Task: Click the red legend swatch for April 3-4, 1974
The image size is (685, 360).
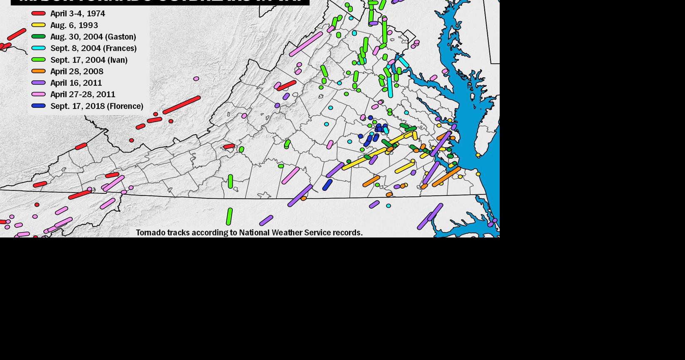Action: click(x=38, y=13)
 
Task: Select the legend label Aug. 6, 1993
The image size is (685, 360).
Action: click(x=74, y=25)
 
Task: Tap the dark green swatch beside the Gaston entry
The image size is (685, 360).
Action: click(x=38, y=37)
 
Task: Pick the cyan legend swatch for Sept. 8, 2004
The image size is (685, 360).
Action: click(x=38, y=48)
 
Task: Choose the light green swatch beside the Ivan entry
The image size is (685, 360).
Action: click(x=38, y=60)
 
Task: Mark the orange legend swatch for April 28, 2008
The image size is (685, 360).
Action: click(x=38, y=71)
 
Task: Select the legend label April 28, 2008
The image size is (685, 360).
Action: click(x=77, y=71)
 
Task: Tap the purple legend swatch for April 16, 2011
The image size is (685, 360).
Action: click(x=38, y=83)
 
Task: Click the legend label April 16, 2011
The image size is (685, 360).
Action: click(x=76, y=83)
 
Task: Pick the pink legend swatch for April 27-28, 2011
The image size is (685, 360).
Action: click(x=38, y=94)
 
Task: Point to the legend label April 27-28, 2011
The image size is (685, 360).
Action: click(x=82, y=94)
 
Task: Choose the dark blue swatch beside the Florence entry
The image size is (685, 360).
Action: click(x=38, y=106)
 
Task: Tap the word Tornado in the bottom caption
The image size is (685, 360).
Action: click(x=151, y=232)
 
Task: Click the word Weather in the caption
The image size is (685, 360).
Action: click(x=286, y=232)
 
